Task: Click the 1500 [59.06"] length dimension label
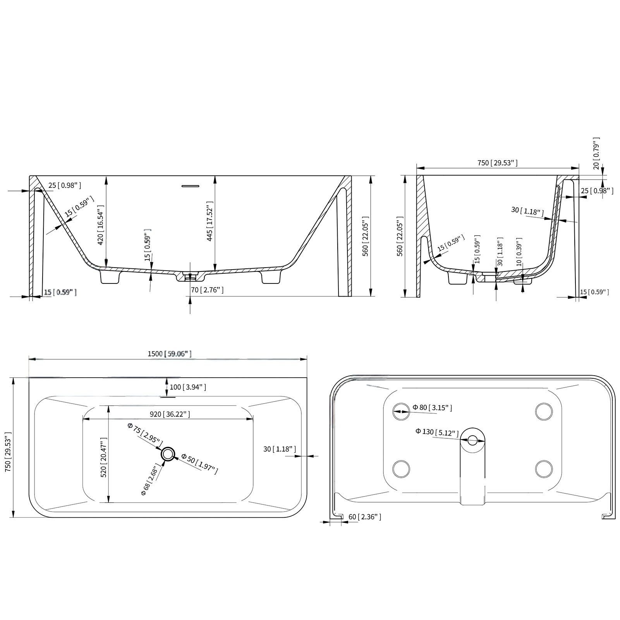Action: [x=169, y=354]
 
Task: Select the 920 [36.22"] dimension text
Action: [x=170, y=414]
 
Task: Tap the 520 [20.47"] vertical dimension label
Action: [x=103, y=457]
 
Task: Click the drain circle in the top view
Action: [x=168, y=454]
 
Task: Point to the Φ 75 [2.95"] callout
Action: [x=145, y=435]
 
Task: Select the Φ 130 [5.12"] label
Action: [x=437, y=432]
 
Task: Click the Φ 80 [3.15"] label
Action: [x=432, y=407]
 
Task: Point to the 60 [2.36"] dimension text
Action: [x=364, y=517]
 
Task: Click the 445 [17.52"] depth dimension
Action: [x=210, y=221]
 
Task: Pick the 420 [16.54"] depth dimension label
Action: [x=100, y=228]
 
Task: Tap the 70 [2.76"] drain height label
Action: [x=207, y=289]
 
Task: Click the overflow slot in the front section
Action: [x=191, y=186]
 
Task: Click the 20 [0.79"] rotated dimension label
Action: [x=596, y=153]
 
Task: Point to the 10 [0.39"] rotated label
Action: [x=519, y=252]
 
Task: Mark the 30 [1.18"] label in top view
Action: [x=279, y=449]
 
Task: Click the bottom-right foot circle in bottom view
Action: [x=543, y=469]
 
